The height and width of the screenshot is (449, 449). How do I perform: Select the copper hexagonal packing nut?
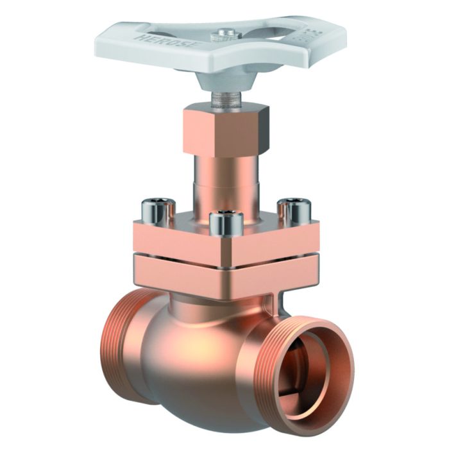coord(225,131)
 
